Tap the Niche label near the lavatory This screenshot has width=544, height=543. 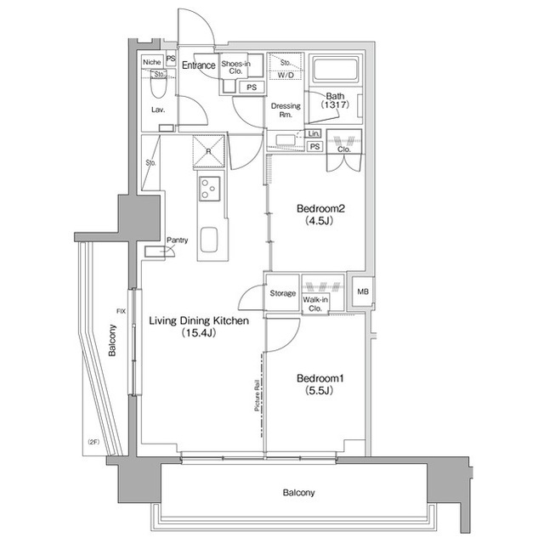[151, 62]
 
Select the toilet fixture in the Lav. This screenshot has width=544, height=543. [157, 88]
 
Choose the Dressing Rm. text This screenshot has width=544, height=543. [281, 110]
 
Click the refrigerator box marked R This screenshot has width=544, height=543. [209, 153]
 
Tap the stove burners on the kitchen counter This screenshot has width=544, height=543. [209, 188]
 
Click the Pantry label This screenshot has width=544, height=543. [177, 240]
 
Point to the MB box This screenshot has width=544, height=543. [363, 293]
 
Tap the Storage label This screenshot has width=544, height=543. [282, 294]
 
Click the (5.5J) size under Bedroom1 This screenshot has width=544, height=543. [317, 392]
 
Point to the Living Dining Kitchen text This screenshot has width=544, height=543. [198, 321]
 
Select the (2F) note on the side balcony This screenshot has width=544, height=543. [93, 442]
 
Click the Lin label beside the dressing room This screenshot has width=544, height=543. [314, 134]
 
